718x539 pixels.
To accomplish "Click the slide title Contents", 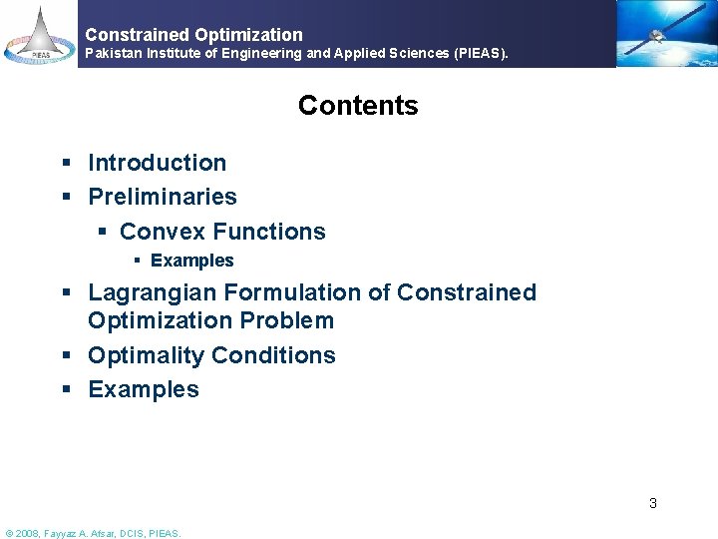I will (358, 106).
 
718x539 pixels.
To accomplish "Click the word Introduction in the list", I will (158, 163).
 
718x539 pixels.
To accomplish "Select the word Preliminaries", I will (163, 197).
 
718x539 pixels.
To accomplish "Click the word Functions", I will (269, 232).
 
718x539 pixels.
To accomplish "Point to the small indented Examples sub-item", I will (191, 261).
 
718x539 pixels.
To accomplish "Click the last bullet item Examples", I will (144, 389).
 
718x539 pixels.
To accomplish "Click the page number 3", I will (653, 503).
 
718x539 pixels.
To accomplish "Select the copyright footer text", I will (94, 533).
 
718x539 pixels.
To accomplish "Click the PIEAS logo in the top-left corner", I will (38, 34).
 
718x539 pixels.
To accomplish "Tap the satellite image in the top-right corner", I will (665, 34).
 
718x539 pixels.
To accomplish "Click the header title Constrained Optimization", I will (193, 35).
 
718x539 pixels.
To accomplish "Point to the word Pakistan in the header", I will (117, 53).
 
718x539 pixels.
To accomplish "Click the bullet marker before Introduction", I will (65, 164).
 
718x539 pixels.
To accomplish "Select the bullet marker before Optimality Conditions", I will (65, 356).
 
